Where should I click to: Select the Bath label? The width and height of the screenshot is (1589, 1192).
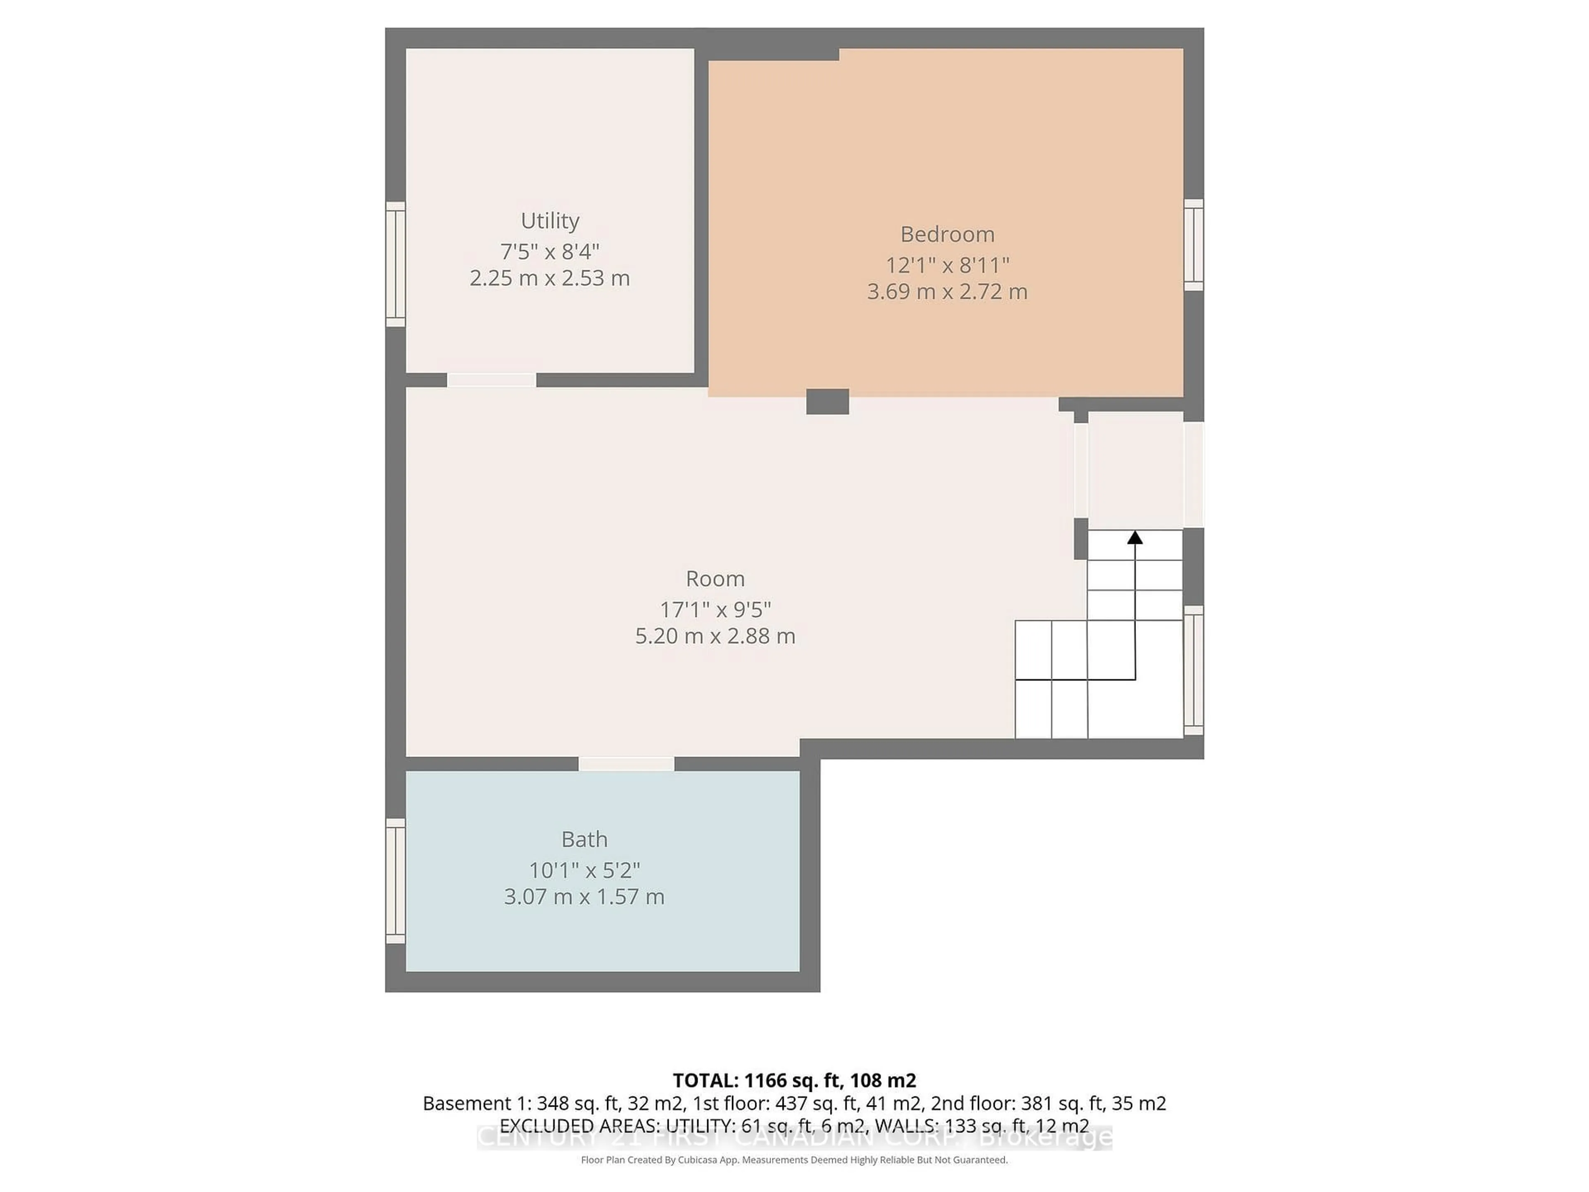point(584,839)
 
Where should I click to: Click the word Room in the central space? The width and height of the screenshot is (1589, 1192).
point(715,578)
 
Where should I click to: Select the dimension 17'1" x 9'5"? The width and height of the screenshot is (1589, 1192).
point(715,609)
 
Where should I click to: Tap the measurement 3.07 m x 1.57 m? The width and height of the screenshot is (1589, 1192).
point(584,897)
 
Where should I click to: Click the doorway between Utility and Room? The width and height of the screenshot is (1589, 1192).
point(491,380)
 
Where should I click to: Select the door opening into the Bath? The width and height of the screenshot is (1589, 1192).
point(626,764)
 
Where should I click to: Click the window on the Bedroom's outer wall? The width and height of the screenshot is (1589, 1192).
point(1193,245)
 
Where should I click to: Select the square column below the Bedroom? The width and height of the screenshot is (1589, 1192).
point(828,401)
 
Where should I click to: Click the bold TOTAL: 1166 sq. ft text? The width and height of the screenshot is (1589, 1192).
point(794,1080)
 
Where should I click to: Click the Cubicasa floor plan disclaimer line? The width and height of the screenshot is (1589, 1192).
point(794,1160)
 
